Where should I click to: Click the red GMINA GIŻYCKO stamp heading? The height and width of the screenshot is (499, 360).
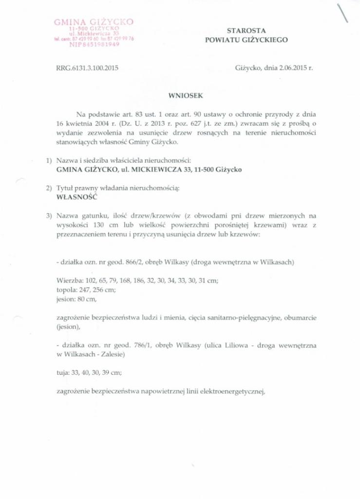pos(94,22)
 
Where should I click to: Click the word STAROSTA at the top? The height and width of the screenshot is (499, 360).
pos(246,30)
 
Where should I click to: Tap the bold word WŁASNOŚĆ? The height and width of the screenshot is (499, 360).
pos(77,198)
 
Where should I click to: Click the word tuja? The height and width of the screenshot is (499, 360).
pos(63,372)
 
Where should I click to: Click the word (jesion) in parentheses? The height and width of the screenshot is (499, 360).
pos(69,326)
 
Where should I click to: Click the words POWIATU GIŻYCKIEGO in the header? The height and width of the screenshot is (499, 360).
pos(246,40)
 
